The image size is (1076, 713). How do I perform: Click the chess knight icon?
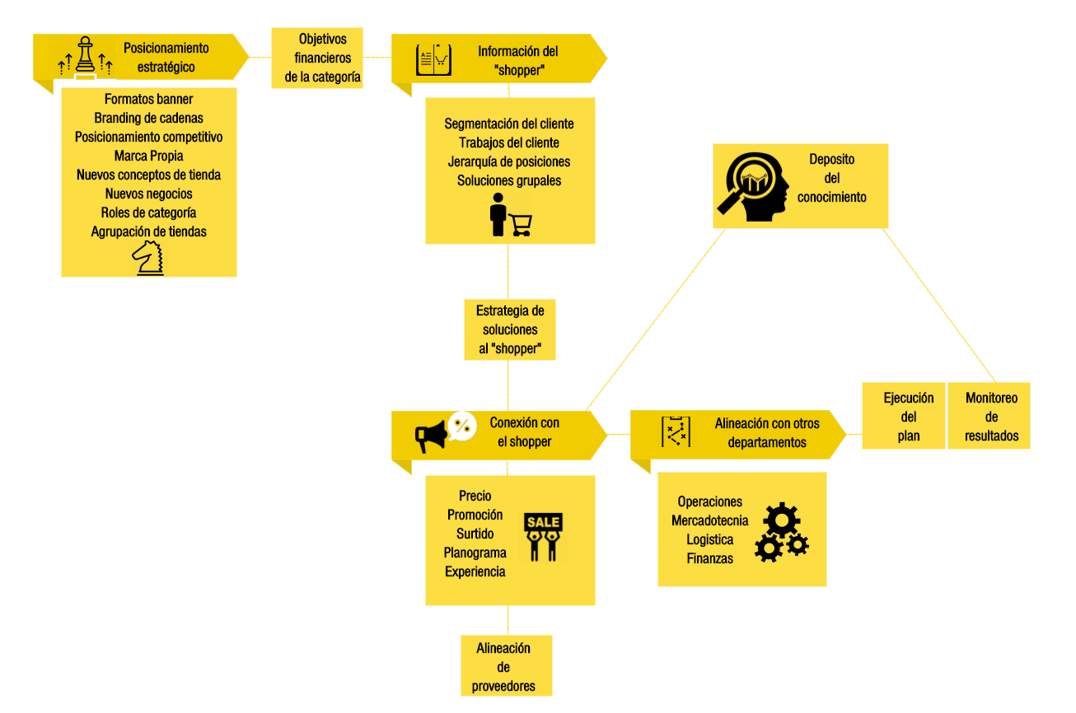pyautogui.click(x=148, y=257)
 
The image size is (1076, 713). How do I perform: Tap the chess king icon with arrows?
pyautogui.click(x=85, y=58)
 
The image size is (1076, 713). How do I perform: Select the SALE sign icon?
pyautogui.click(x=543, y=537)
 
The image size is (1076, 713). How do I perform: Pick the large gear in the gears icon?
pyautogui.click(x=781, y=520)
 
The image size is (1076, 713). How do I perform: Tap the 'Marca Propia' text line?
pyautogui.click(x=149, y=156)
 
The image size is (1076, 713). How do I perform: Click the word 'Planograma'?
pyautogui.click(x=475, y=552)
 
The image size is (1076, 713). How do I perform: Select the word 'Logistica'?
pyautogui.click(x=710, y=539)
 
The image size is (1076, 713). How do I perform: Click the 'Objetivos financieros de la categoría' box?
pyautogui.click(x=316, y=58)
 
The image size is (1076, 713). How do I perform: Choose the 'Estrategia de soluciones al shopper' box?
pyautogui.click(x=510, y=329)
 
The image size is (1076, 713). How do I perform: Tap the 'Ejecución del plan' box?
pyautogui.click(x=903, y=417)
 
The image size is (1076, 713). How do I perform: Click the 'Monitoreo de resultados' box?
pyautogui.click(x=991, y=417)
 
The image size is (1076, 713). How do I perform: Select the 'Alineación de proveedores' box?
pyautogui.click(x=503, y=667)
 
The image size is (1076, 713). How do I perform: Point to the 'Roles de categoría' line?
pyautogui.click(x=149, y=212)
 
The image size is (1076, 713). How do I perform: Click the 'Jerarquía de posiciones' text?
pyautogui.click(x=509, y=161)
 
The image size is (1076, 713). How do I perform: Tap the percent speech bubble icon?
pyautogui.click(x=463, y=425)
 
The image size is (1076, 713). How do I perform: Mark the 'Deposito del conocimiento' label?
pyautogui.click(x=831, y=178)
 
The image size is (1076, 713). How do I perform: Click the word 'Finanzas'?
pyautogui.click(x=710, y=558)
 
